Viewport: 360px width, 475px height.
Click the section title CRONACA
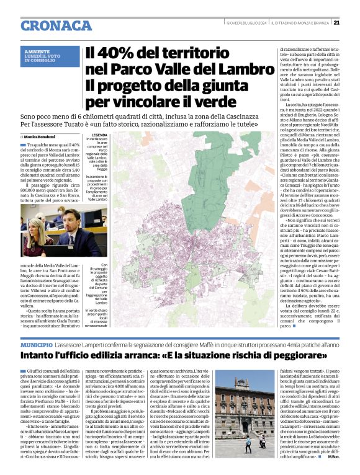(56, 25)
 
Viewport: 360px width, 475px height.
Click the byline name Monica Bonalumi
(40, 136)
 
